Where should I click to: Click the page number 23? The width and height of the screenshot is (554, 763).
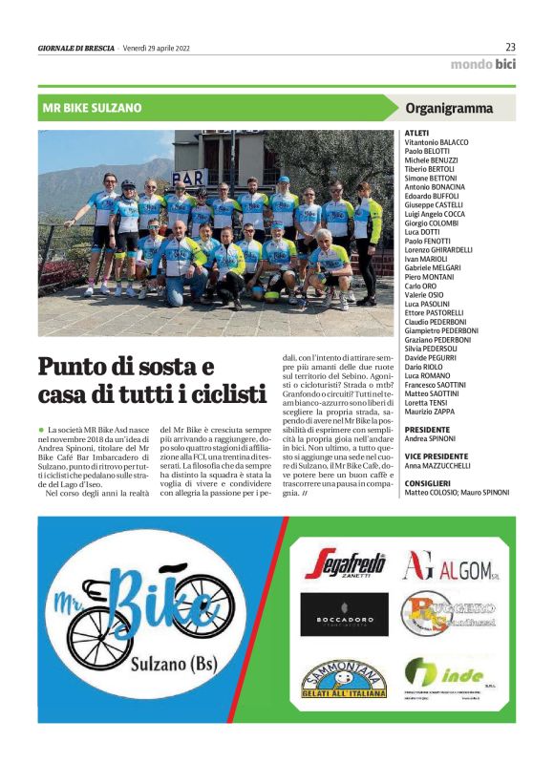pyautogui.click(x=510, y=47)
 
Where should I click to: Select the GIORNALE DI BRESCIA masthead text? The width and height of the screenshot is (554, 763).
pyautogui.click(x=75, y=49)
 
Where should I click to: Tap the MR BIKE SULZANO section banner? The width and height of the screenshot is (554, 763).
pyautogui.click(x=93, y=108)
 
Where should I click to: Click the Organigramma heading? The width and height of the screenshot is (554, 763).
pyautogui.click(x=449, y=108)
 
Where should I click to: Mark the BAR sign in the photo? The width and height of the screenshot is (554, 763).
pyautogui.click(x=190, y=179)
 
